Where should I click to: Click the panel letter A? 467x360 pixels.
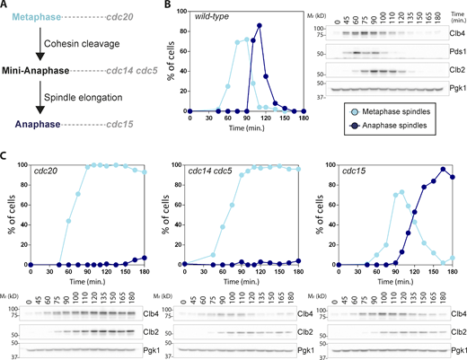[6, 6]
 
